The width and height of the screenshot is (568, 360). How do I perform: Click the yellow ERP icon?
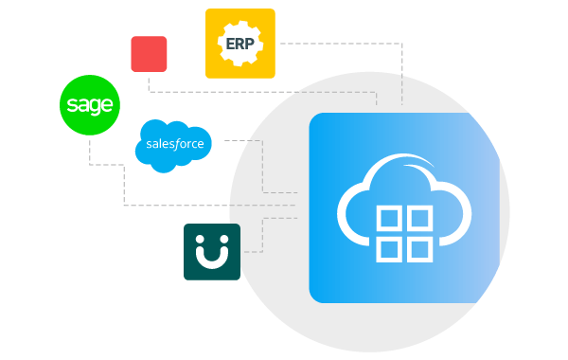point(240,43)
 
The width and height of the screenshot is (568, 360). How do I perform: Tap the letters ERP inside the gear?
point(240,44)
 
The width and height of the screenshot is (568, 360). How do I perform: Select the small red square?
point(149,54)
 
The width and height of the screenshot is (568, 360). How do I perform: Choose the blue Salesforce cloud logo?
point(173,145)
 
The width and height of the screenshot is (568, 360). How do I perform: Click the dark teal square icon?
point(211,252)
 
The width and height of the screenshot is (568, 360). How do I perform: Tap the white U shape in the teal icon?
point(211,258)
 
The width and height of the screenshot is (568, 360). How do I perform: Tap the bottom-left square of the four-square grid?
point(389,249)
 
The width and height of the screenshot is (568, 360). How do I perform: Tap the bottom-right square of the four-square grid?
point(418,249)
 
